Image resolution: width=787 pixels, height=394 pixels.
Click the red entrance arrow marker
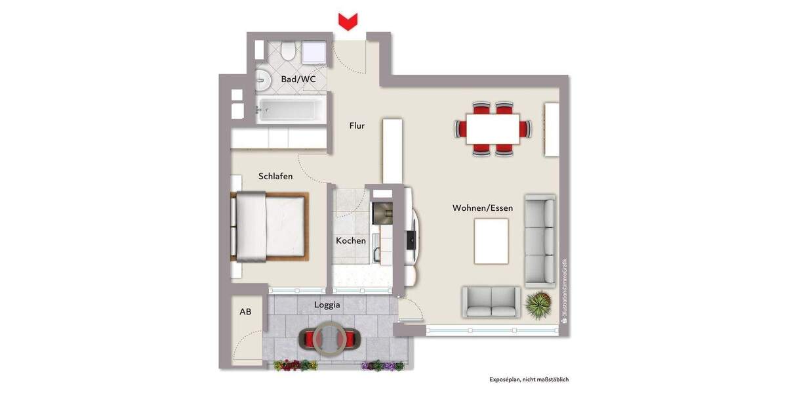point(347,21)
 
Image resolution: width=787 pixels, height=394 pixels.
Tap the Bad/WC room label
point(298,79)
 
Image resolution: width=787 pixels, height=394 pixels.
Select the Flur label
point(357,125)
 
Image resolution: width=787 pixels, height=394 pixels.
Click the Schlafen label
point(275,176)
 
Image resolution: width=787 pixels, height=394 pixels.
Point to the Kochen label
point(351,241)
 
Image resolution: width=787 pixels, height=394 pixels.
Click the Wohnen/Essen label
point(483,208)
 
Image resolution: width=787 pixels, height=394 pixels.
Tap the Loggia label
point(327,305)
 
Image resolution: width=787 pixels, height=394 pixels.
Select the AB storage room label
point(245,312)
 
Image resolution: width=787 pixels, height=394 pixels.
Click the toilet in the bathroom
point(287,51)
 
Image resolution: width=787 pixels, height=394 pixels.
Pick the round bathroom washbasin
point(262,80)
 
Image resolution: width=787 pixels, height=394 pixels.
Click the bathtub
point(289,110)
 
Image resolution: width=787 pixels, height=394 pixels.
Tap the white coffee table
point(491,241)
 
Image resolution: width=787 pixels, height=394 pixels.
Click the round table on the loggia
point(327,338)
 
